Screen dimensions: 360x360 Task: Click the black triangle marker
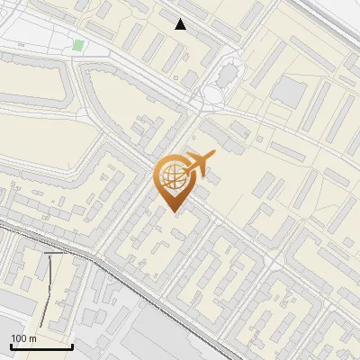(x=181, y=24)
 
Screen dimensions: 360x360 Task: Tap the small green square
(x=78, y=45)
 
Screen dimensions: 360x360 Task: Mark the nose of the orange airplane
(x=215, y=155)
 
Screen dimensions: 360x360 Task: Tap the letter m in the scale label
(x=31, y=338)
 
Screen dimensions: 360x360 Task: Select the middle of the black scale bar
(x=41, y=346)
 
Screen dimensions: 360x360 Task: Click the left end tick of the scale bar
(x=11, y=345)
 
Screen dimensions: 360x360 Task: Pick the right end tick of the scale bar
(x=72, y=345)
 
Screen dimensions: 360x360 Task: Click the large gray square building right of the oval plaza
(x=290, y=90)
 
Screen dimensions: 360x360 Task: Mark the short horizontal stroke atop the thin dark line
(x=55, y=254)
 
